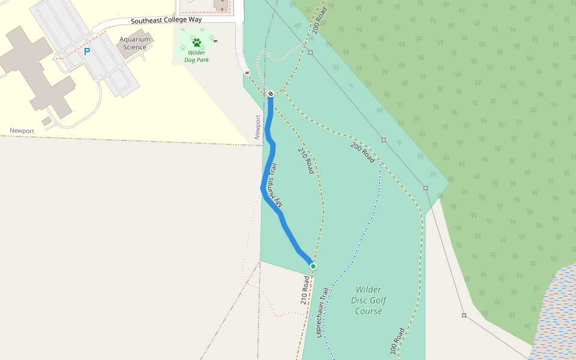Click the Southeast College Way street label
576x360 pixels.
coord(167,20)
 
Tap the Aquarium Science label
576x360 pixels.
coord(134,43)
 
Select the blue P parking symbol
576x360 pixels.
coord(87,52)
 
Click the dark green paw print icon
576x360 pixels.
coord(196,42)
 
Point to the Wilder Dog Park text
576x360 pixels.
coord(196,56)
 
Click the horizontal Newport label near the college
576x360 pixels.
coord(22,131)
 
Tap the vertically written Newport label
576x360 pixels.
coord(258,127)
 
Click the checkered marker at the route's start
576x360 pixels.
coord(271,94)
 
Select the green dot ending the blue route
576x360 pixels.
coord(313,266)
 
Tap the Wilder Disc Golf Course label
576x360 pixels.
coord(368,300)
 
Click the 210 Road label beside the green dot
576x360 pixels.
coord(306,289)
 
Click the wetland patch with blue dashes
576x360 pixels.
coord(555,318)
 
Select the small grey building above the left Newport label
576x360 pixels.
coord(46,121)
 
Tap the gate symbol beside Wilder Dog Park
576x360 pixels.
coord(215,41)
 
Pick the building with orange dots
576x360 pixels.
coord(221,5)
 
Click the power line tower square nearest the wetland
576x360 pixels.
coord(464,315)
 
